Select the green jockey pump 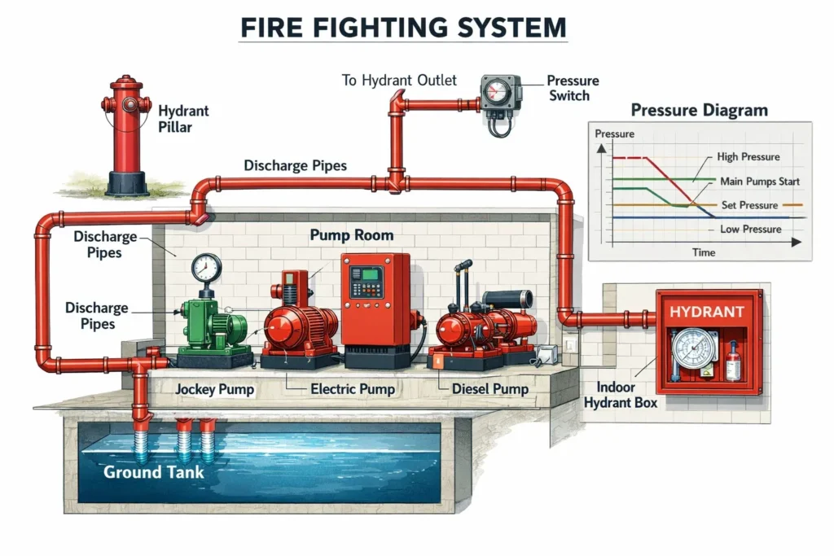213,326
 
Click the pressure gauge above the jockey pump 206,268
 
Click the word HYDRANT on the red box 706,312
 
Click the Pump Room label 351,236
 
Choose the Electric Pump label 353,389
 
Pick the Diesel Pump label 489,389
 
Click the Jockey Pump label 214,389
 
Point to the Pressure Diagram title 700,110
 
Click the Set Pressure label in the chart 749,205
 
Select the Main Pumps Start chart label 759,181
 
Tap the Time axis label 704,252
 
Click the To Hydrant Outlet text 399,81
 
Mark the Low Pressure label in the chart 750,230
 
